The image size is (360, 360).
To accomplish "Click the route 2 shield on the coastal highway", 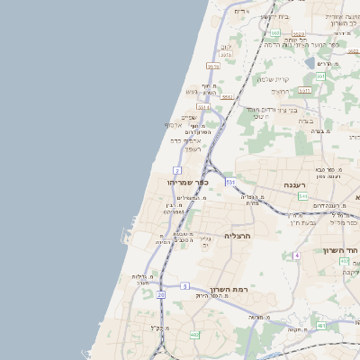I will pos(177,170).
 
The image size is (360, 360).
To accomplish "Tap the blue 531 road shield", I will pos(230,182).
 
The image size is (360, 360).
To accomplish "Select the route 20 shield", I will pos(161,294).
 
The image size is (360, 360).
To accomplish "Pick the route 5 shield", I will pos(184,285).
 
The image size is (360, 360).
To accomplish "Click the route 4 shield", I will pos(296,255).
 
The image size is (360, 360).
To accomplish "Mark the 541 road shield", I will pos(303,196).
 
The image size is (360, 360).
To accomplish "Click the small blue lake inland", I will pos(310,63).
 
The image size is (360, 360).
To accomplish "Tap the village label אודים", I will pos(240,11).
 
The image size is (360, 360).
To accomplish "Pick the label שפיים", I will pos(189,117).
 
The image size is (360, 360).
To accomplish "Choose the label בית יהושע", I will pos(275,16).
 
